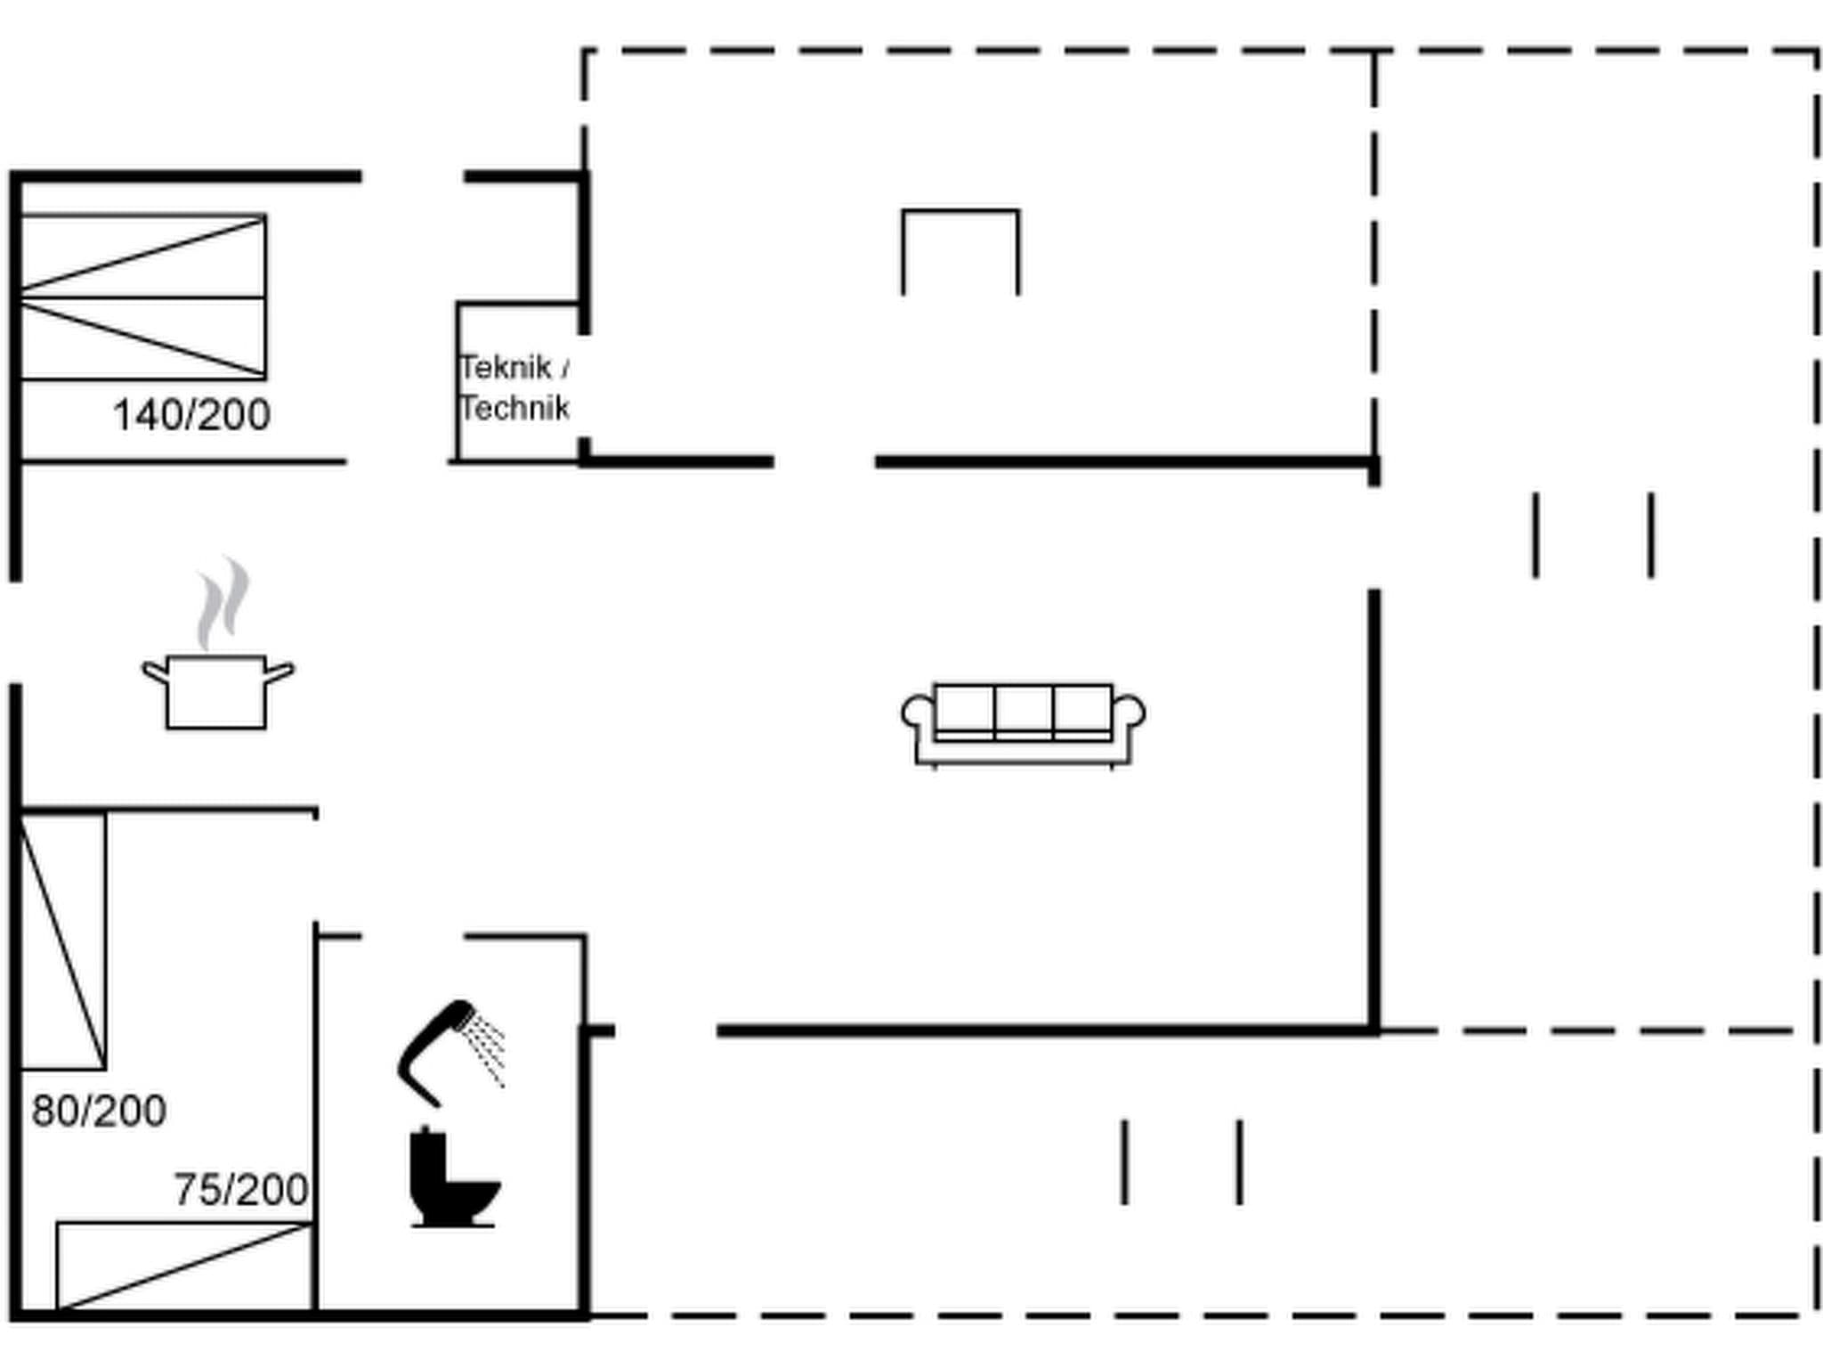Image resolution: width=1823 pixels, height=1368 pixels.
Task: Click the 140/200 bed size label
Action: pos(191,415)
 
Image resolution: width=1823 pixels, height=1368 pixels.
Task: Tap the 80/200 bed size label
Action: pos(99,1111)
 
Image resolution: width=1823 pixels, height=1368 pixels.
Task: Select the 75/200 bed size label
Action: pos(240,1189)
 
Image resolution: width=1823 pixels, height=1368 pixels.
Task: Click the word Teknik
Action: pos(506,367)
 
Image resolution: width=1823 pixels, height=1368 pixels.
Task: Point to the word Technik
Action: pos(514,408)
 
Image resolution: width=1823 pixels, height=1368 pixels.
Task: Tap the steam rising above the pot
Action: pos(223,601)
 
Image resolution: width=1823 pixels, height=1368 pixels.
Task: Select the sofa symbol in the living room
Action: pos(1024,723)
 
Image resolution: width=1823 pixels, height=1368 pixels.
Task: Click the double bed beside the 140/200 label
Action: pos(142,297)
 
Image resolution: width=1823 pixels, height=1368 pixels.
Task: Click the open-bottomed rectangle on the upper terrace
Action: pos(960,251)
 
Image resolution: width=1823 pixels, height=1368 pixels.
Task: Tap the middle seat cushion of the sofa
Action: pos(1024,709)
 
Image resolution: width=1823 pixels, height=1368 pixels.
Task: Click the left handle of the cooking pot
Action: pos(155,671)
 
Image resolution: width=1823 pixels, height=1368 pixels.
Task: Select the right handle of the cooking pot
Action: pos(280,671)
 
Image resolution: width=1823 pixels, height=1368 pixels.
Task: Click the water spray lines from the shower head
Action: pos(488,1051)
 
